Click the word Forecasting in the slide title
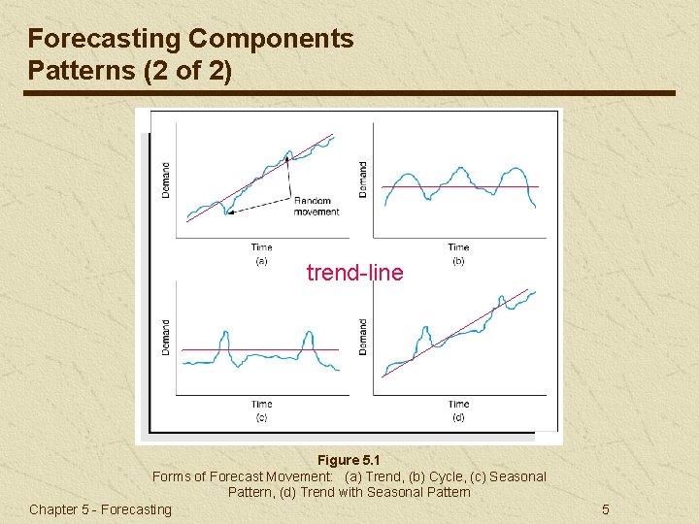tap(104, 39)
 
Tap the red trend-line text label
tap(354, 274)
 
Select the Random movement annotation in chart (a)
tap(316, 207)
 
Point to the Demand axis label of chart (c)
tap(165, 337)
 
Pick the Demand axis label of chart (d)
tap(363, 337)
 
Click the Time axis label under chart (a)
tap(261, 247)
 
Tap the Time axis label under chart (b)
tap(458, 247)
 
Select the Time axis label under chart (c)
tap(261, 404)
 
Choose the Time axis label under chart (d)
tap(458, 404)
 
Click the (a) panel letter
tap(261, 260)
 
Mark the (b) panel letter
tap(458, 260)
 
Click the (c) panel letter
tap(261, 417)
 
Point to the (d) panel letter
tap(458, 417)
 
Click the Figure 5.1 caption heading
tap(349, 459)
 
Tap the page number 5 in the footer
tap(605, 509)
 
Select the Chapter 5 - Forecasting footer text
tap(100, 509)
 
